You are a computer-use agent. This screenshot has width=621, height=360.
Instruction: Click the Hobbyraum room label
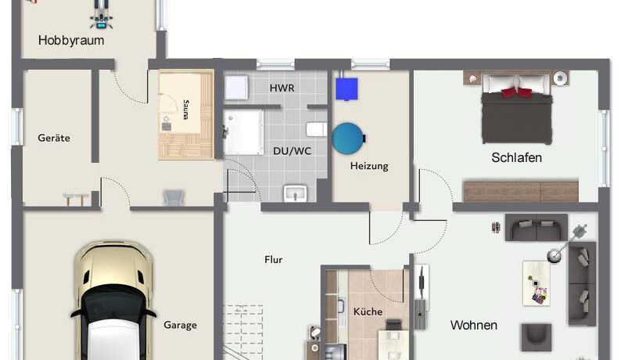click(x=71, y=41)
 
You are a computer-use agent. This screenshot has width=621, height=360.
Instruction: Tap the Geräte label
click(x=54, y=138)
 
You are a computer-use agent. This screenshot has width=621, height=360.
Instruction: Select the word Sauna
click(x=185, y=110)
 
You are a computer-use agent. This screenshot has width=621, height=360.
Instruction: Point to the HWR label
click(x=282, y=88)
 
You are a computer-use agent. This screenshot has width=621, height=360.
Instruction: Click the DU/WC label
click(x=293, y=151)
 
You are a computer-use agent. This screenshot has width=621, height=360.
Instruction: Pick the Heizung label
click(x=369, y=166)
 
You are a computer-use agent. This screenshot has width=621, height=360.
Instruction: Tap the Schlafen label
click(x=516, y=157)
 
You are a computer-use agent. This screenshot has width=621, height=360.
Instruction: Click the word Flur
click(x=273, y=260)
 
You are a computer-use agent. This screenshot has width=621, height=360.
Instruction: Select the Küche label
click(x=368, y=311)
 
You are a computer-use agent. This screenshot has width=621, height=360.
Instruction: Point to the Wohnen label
click(x=474, y=325)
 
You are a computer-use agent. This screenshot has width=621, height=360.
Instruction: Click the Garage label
click(x=180, y=325)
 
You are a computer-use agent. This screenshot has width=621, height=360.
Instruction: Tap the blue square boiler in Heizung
click(x=346, y=88)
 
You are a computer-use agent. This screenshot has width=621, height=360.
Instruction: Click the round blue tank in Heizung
click(x=348, y=139)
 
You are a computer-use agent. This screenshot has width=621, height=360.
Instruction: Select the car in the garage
click(x=113, y=301)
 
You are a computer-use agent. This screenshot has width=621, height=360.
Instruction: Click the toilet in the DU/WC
click(x=317, y=129)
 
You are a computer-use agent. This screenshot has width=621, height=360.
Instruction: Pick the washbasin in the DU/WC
click(x=295, y=193)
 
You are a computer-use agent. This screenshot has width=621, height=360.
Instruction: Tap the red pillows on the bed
click(x=516, y=93)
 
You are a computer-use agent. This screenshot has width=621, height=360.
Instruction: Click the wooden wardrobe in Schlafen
click(x=521, y=192)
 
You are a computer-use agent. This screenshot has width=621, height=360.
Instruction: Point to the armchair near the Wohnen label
click(x=537, y=337)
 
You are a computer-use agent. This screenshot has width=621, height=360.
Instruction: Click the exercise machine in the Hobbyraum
click(x=101, y=15)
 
